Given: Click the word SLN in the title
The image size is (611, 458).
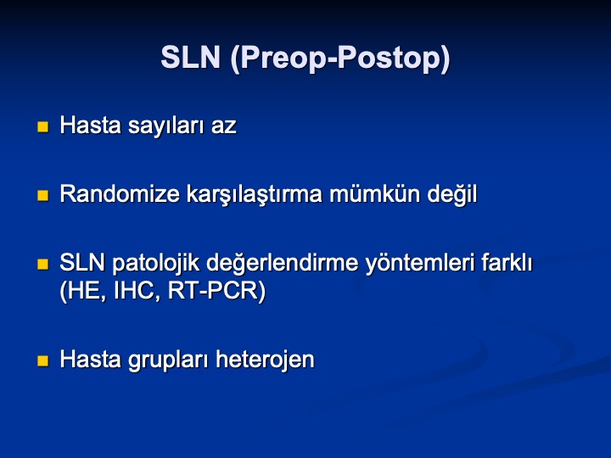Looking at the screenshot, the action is (x=191, y=58).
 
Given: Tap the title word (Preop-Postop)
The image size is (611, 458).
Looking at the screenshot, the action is (x=340, y=59).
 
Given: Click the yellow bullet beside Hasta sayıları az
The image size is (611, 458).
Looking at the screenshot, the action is (x=43, y=126).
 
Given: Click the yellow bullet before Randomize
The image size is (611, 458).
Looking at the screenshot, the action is (x=43, y=196).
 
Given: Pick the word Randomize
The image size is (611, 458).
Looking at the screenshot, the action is (x=120, y=193).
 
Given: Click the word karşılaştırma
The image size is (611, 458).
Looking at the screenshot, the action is (x=255, y=195).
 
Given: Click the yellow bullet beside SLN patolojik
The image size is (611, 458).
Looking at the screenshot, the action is (x=43, y=265).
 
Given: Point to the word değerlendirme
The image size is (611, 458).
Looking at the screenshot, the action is (x=282, y=264).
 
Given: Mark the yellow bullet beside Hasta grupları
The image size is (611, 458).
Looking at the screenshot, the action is (x=43, y=360).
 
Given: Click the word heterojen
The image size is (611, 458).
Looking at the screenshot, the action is (x=265, y=360).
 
